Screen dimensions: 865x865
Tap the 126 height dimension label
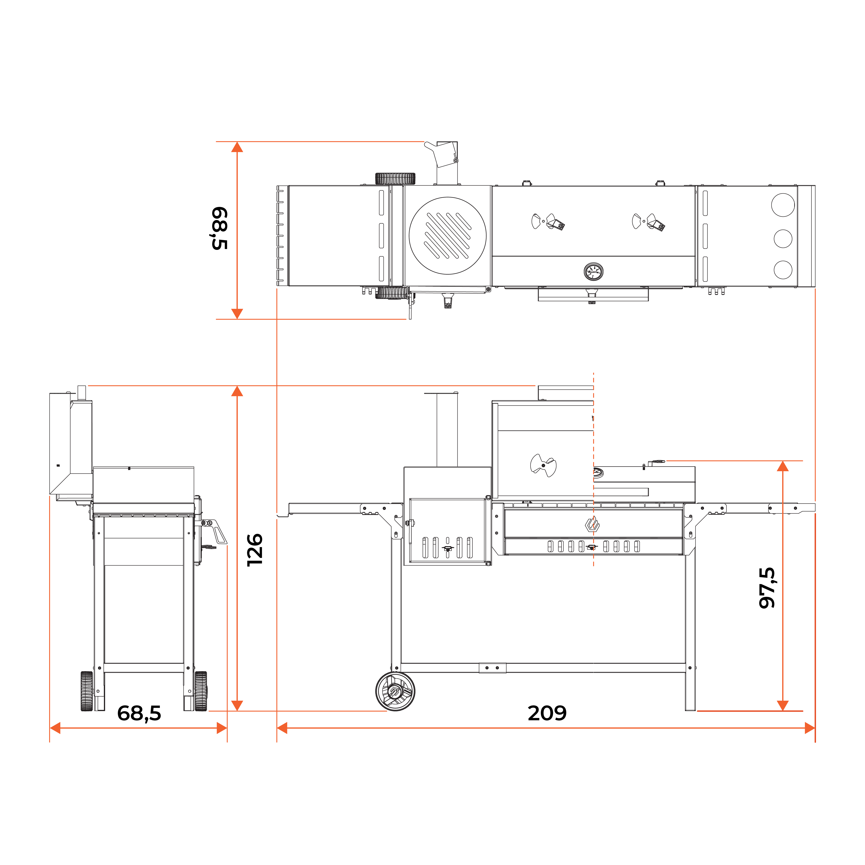point(255,550)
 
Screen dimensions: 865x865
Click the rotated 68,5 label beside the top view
point(219,228)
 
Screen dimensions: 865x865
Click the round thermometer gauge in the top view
point(593,271)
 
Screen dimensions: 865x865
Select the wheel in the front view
point(395,691)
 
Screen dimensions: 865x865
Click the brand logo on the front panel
point(592,524)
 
